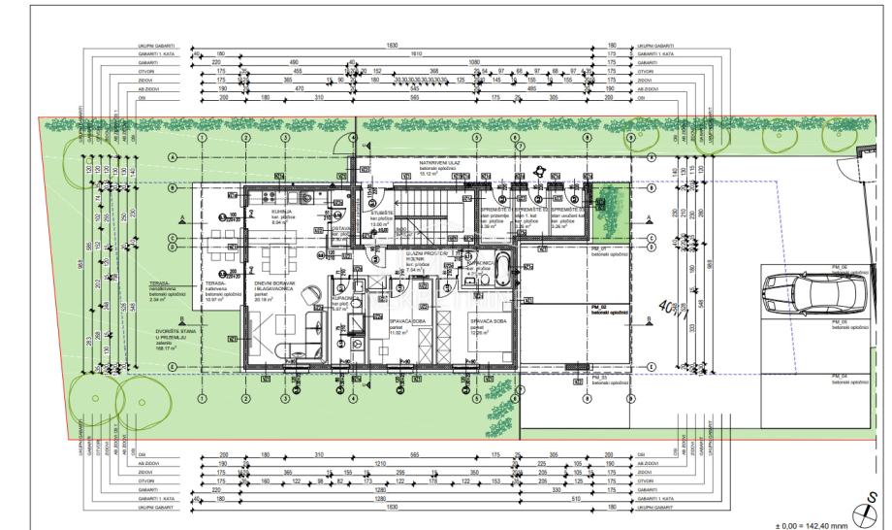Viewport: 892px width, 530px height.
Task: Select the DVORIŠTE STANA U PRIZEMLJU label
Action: [x=175, y=336]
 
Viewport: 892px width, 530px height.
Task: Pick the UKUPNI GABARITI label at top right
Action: [x=657, y=46]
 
